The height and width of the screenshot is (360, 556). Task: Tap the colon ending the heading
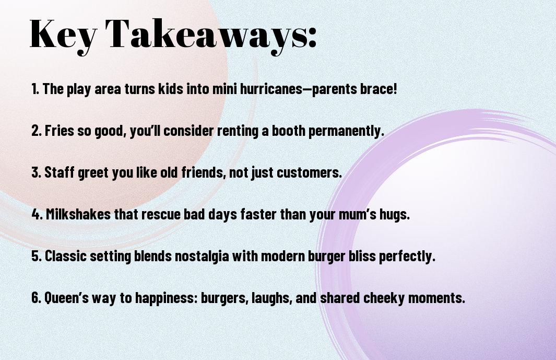312,37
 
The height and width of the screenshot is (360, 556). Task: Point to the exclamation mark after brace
395,89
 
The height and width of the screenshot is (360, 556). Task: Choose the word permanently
346,131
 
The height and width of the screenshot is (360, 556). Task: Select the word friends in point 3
204,172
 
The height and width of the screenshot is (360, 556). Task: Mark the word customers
309,172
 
